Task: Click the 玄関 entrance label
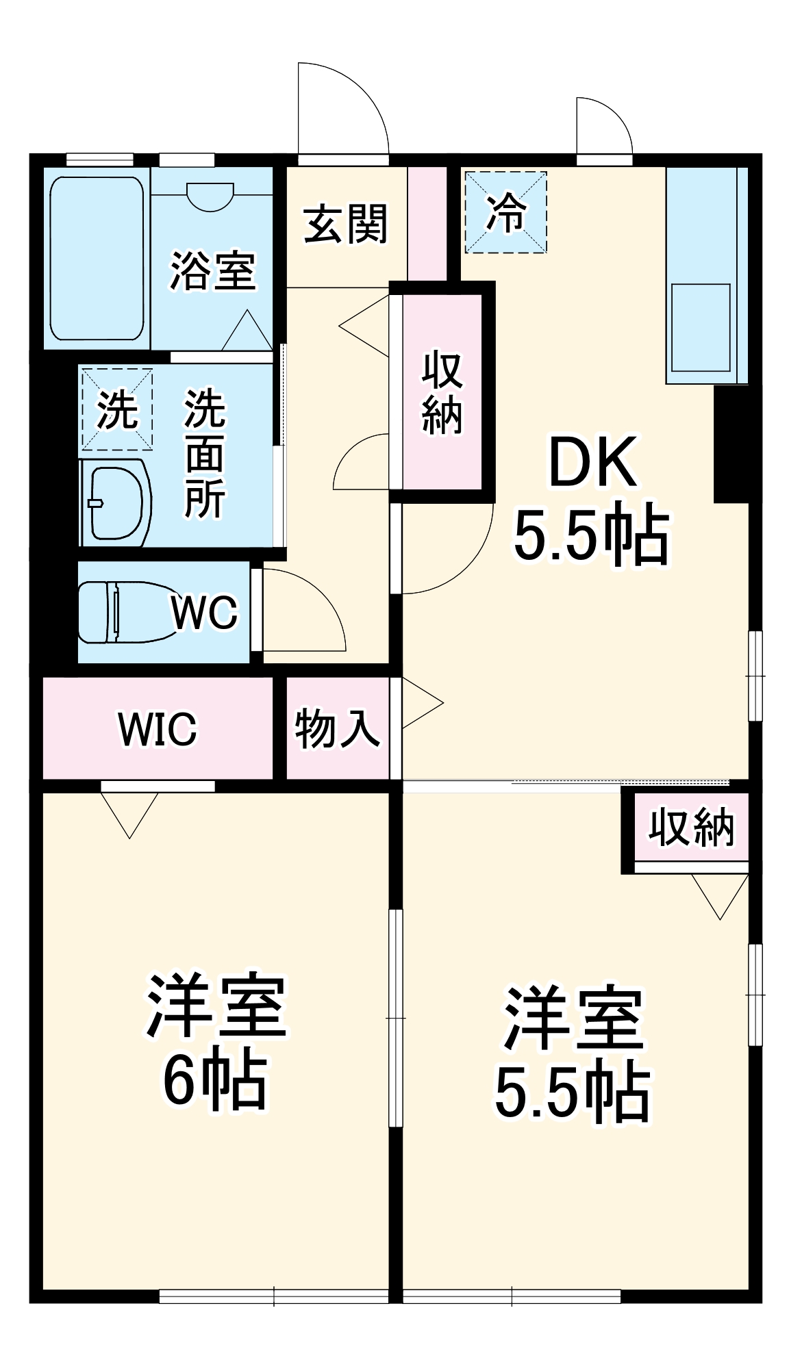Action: pos(345,224)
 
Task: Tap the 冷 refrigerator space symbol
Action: pos(506,212)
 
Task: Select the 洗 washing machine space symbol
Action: pos(117,409)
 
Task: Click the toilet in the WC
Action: pos(123,612)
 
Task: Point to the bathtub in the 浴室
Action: pos(97,259)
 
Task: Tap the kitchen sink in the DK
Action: pos(700,327)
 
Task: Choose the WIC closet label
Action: pos(158,729)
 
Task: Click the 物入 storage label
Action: pos(337,729)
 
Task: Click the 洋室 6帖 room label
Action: pos(215,1040)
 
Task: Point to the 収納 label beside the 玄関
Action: pos(442,393)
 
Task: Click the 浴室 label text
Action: pos(212,271)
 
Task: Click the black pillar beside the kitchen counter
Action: pos(731,444)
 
